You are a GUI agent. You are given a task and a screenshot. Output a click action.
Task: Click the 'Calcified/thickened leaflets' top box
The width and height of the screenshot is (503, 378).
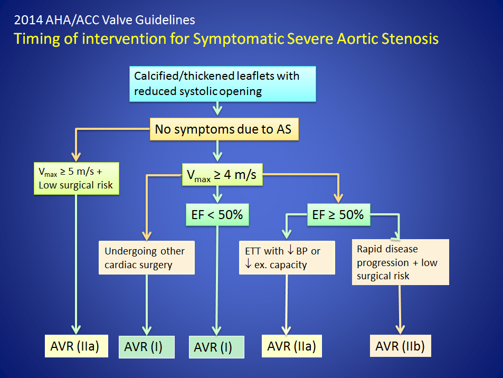tap(216, 83)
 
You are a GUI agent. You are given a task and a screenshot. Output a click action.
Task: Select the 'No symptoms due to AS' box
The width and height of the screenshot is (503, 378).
tap(224, 129)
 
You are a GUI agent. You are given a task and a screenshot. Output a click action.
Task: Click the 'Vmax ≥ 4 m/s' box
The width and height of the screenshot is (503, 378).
tap(222, 175)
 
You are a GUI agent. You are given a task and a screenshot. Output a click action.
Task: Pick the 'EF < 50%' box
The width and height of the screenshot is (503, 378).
tap(217, 215)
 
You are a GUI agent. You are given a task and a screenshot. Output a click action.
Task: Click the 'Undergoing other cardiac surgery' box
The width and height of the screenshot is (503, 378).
tap(147, 257)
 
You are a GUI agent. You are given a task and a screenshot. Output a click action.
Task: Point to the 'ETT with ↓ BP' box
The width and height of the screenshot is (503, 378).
tap(287, 258)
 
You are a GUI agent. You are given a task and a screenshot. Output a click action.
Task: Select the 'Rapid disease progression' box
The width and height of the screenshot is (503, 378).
tap(400, 262)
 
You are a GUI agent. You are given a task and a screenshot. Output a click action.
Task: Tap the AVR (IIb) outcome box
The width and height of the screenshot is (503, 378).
tap(400, 346)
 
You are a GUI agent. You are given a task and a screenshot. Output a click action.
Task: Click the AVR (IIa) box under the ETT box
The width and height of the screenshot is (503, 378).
tap(291, 346)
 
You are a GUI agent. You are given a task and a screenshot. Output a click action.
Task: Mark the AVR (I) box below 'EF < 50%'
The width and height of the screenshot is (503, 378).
tap(216, 347)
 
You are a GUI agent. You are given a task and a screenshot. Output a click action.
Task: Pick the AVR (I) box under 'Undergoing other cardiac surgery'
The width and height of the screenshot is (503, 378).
tap(147, 346)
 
